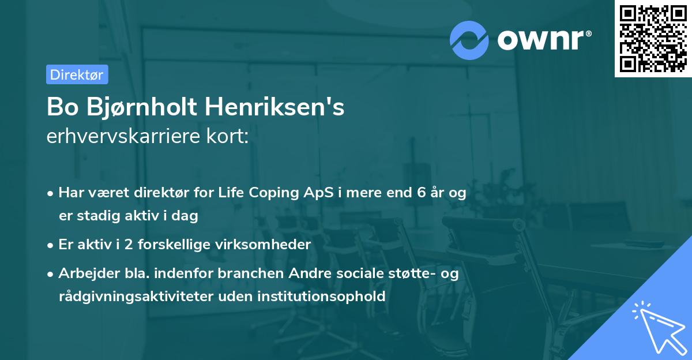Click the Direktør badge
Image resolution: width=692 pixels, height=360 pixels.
pyautogui.click(x=77, y=74)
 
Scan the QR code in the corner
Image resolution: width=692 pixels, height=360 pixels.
pyautogui.click(x=653, y=39)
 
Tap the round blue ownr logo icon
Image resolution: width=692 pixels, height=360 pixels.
pyautogui.click(x=469, y=40)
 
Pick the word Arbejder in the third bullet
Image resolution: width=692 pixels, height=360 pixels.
pyautogui.click(x=84, y=273)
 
